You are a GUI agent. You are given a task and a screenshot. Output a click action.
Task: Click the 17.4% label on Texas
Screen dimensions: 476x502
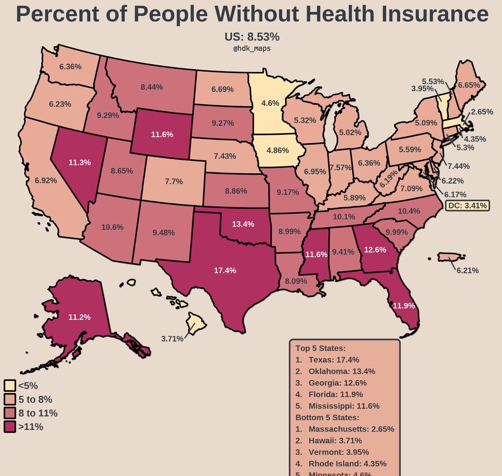(225, 270)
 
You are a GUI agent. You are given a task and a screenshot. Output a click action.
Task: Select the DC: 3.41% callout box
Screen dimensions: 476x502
(468, 205)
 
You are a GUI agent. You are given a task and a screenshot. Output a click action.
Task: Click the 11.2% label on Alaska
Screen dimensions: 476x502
(79, 317)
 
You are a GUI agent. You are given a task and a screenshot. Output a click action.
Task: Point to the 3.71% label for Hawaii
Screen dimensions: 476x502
(172, 339)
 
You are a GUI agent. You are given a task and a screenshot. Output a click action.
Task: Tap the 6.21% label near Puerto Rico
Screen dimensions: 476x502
(467, 270)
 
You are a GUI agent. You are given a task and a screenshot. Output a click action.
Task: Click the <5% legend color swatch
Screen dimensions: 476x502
(10, 385)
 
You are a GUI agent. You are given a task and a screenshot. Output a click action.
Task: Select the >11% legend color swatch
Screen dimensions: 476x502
(10, 427)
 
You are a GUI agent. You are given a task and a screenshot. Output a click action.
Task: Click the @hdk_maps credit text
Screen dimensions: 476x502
(251, 48)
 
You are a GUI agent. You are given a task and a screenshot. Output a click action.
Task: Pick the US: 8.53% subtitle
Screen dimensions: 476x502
(252, 37)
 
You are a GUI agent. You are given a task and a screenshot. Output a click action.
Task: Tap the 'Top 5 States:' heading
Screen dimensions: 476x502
(320, 348)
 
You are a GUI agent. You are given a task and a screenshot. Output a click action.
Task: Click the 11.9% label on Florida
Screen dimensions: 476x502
(403, 306)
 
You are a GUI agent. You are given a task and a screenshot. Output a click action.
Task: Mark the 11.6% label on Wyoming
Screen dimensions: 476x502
(162, 134)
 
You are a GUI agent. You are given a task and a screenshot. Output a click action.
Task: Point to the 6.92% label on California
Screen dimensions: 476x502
(46, 180)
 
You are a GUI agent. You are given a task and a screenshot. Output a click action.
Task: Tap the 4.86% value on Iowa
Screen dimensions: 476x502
(277, 151)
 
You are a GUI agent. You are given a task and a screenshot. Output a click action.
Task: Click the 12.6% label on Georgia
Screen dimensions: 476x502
(375, 250)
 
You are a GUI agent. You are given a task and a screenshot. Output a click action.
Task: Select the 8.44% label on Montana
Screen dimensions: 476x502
(152, 86)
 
